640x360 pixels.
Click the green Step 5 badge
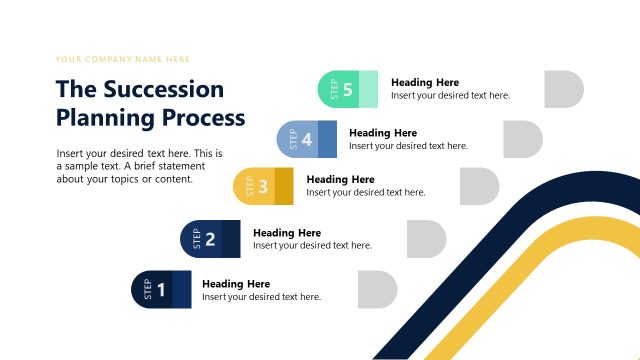pyautogui.click(x=347, y=90)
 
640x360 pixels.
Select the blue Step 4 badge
pyautogui.click(x=306, y=139)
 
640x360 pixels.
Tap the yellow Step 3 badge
pyautogui.click(x=263, y=186)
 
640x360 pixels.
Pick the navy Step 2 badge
pyautogui.click(x=210, y=238)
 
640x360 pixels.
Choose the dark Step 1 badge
pyautogui.click(x=161, y=290)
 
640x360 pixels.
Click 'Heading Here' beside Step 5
pyautogui.click(x=425, y=83)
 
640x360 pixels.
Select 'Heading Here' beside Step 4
pyautogui.click(x=383, y=133)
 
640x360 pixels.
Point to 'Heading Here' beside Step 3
pyautogui.click(x=340, y=180)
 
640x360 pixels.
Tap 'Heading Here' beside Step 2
pyautogui.click(x=287, y=233)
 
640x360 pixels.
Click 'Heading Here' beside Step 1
pyautogui.click(x=236, y=284)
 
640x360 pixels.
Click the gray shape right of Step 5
pyautogui.click(x=564, y=90)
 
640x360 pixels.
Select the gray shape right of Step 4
pyautogui.click(x=522, y=139)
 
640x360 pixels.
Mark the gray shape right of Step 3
pyautogui.click(x=479, y=186)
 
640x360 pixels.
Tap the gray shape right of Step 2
pyautogui.click(x=426, y=238)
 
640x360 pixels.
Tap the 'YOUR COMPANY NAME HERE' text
pyautogui.click(x=123, y=60)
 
